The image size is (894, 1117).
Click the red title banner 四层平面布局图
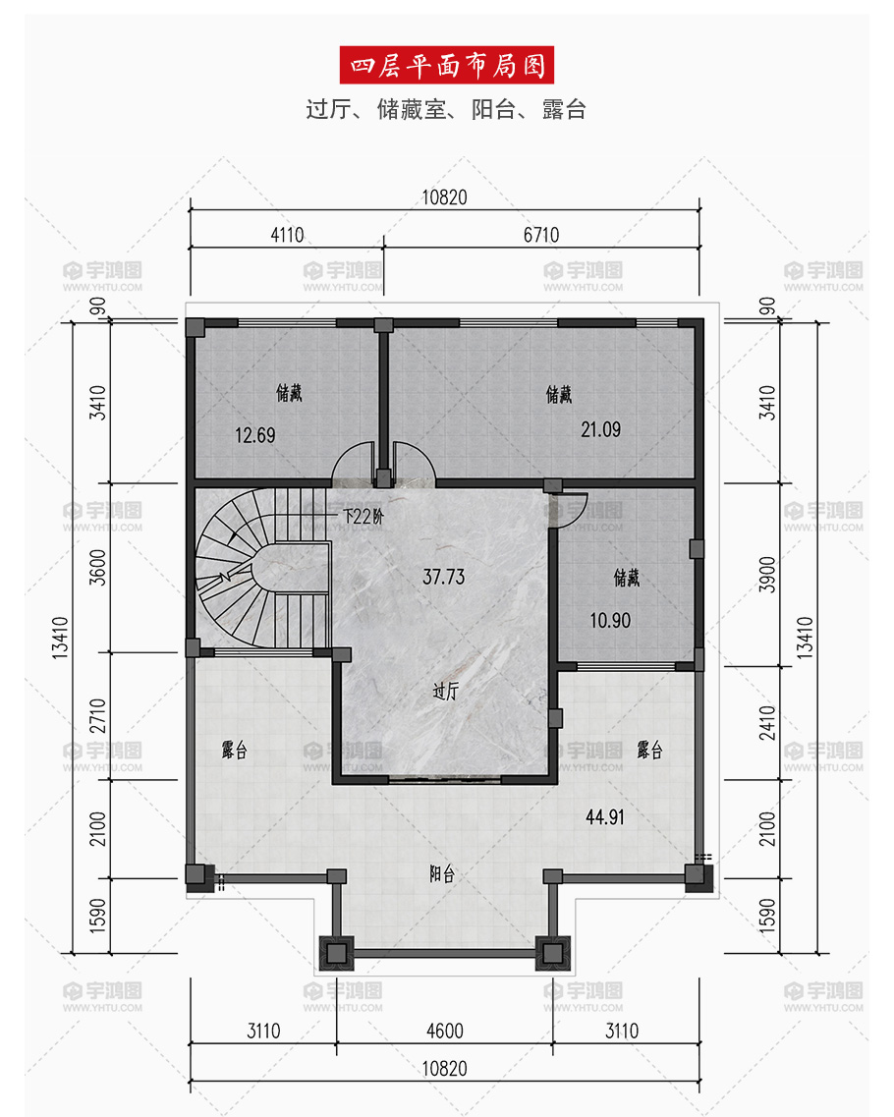[x=447, y=65]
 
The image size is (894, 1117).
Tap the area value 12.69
[x=255, y=434]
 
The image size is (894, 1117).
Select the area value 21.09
[x=600, y=429]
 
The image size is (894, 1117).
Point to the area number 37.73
[x=443, y=577]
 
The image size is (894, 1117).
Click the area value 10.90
[x=610, y=621]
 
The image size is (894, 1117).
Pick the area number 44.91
[x=605, y=817]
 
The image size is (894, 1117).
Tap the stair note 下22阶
[x=363, y=516]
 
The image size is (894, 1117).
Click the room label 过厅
[x=445, y=691]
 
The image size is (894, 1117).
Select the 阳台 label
[x=442, y=873]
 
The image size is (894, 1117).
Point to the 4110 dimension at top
[x=287, y=235]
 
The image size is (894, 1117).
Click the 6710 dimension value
[x=541, y=235]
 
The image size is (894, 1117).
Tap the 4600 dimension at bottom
[x=444, y=1031]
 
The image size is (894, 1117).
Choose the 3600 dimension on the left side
[x=97, y=567]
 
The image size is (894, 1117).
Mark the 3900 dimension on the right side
[x=766, y=574]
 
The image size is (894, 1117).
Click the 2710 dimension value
[x=97, y=716]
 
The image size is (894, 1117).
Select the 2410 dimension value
[x=766, y=723]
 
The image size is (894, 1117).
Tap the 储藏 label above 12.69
[x=289, y=393]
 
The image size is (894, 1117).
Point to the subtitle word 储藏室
[x=411, y=110]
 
